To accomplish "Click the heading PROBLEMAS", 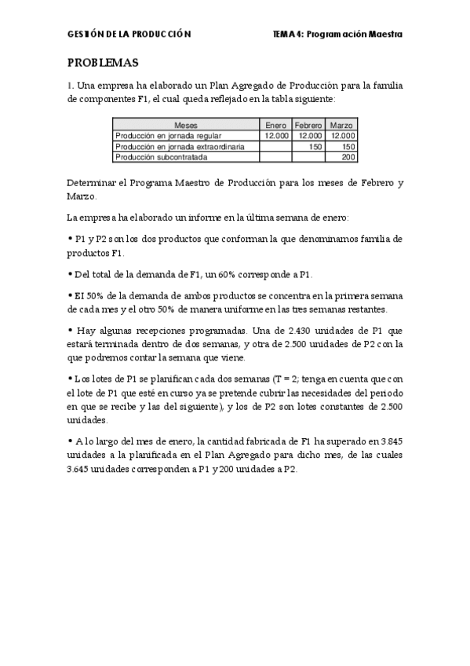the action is [x=102, y=63].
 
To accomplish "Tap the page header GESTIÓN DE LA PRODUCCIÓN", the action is [x=129, y=35].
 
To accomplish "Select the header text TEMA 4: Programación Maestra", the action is [x=337, y=35].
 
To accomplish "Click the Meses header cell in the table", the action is [x=187, y=125].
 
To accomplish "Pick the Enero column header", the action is [x=275, y=125].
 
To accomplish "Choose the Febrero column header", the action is [x=308, y=125].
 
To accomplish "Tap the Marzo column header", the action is [x=341, y=125].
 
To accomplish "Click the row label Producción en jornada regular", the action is [x=162, y=135].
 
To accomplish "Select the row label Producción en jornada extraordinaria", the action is [x=180, y=146].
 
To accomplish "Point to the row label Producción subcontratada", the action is [x=161, y=157].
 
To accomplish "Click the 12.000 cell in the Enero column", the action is [x=277, y=135].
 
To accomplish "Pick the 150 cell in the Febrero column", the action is [x=315, y=146].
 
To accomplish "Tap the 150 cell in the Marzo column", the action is [x=348, y=146].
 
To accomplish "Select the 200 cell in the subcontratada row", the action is [x=348, y=157].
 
